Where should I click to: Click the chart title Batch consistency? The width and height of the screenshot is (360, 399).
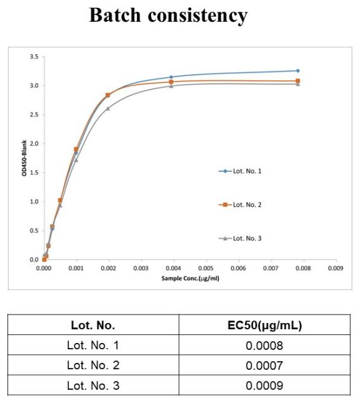click(x=168, y=16)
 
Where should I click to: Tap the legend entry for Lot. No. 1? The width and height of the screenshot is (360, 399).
click(x=240, y=171)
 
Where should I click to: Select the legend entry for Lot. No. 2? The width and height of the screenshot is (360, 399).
click(x=240, y=205)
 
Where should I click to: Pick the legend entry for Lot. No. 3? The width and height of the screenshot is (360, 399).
click(x=240, y=238)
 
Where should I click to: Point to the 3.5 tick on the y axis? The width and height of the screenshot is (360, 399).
click(x=34, y=57)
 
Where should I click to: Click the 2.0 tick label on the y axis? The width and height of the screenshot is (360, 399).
click(x=34, y=144)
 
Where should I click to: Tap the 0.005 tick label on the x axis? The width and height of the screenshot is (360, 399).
click(x=206, y=268)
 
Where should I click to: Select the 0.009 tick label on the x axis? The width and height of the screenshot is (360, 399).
click(x=336, y=268)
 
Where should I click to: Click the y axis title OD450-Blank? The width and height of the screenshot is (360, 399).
click(x=24, y=158)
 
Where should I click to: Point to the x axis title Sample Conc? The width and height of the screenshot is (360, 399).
click(x=190, y=278)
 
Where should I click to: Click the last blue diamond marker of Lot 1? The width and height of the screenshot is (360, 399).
click(x=298, y=70)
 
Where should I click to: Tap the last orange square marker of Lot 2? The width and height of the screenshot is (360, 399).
click(x=298, y=81)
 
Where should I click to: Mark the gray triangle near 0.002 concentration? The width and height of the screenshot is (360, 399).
click(x=108, y=108)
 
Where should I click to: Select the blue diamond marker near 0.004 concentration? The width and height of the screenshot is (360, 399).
click(x=171, y=77)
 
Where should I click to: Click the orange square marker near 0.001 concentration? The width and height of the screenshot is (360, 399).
click(x=76, y=149)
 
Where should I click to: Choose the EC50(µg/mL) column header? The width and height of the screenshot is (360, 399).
click(x=265, y=325)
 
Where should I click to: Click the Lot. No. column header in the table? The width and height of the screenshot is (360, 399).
click(x=93, y=325)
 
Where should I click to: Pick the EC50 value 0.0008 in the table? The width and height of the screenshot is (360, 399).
click(x=264, y=345)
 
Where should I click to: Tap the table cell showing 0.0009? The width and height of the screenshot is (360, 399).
click(x=264, y=385)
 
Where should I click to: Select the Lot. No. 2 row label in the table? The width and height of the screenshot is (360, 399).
click(x=93, y=365)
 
